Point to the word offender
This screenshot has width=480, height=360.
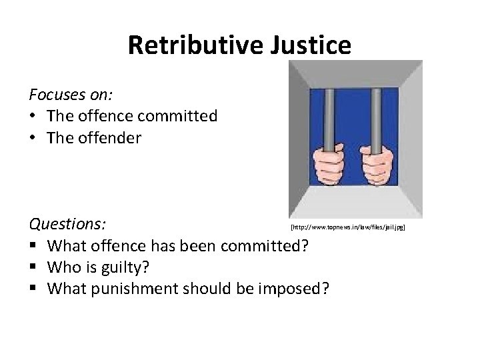[x=110, y=139]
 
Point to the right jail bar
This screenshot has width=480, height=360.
[x=376, y=113]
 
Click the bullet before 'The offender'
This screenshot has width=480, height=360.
[x=32, y=139]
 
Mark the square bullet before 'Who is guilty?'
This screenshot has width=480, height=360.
[x=32, y=268]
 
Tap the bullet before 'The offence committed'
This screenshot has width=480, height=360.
[x=32, y=116]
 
